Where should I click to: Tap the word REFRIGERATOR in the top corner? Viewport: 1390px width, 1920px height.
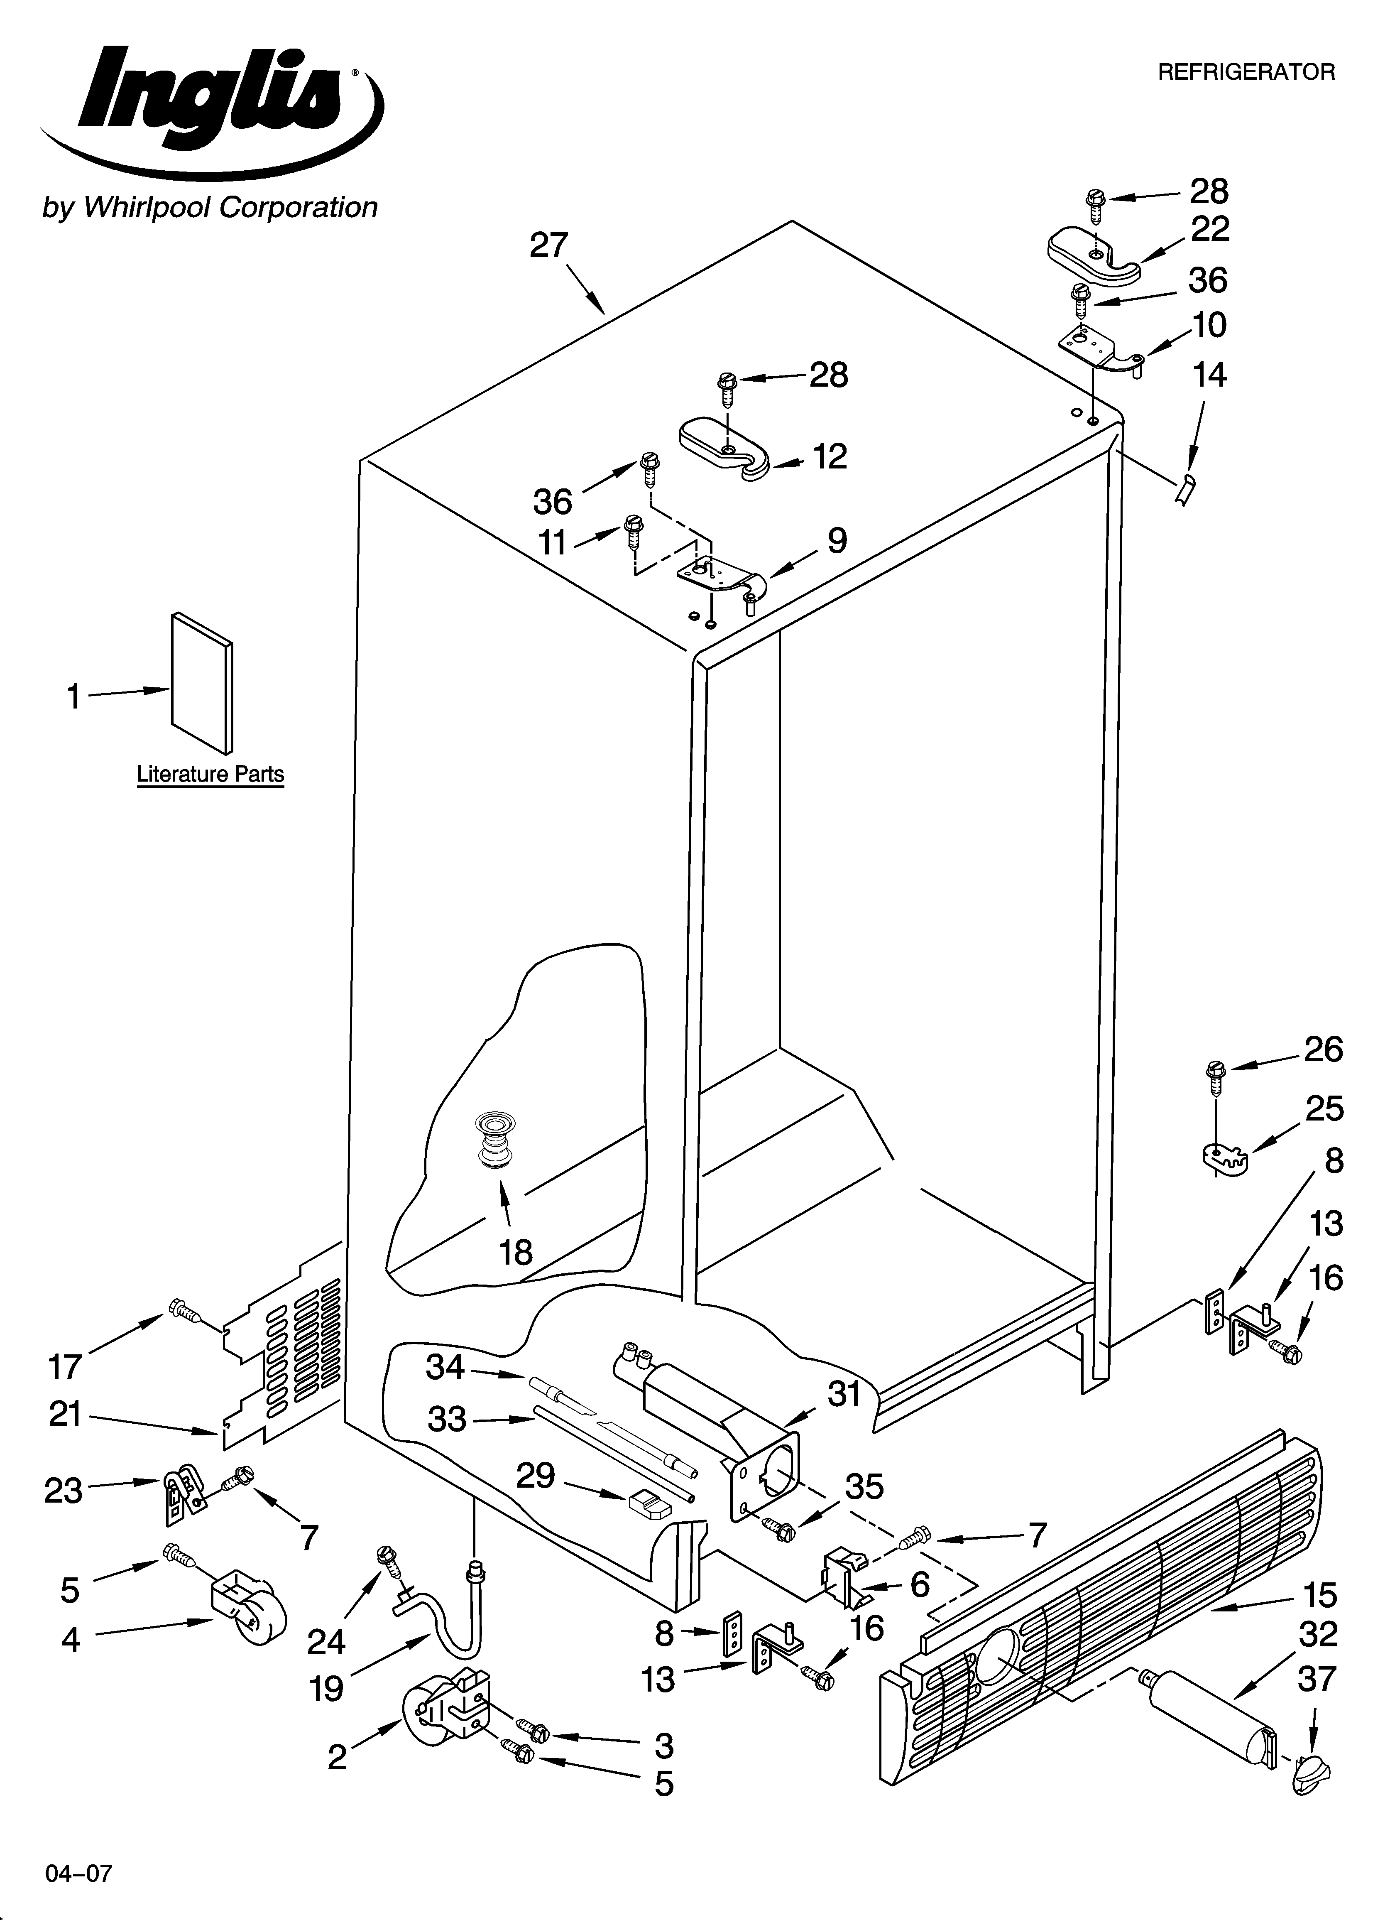coord(1246,72)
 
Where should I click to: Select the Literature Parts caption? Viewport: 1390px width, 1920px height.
coord(210,774)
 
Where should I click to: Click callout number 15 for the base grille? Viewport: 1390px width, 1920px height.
coord(1319,1596)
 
